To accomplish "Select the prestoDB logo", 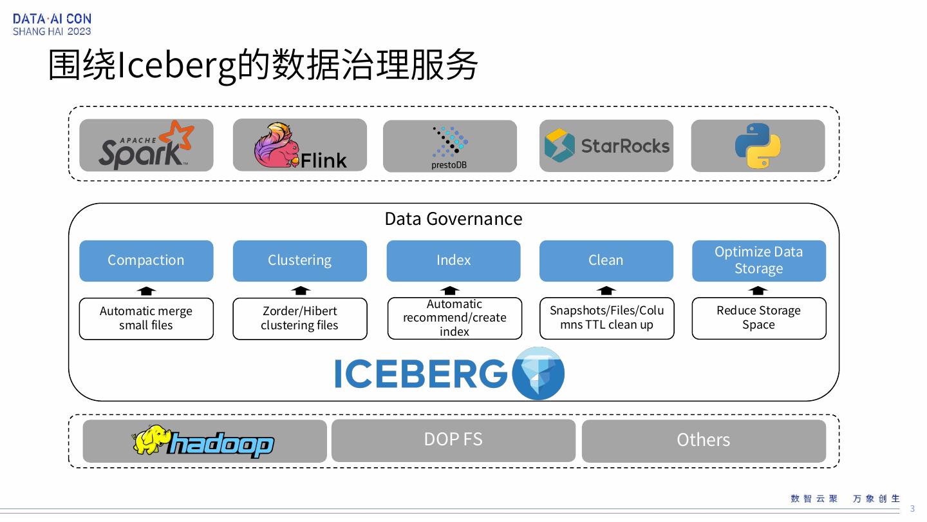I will (x=450, y=146).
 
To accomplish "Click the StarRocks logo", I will (x=606, y=146).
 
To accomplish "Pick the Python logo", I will (x=758, y=146).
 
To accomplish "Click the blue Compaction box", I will (x=146, y=260).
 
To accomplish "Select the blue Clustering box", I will (x=300, y=260).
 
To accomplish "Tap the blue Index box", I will (x=454, y=260).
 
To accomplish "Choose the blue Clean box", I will (x=606, y=260).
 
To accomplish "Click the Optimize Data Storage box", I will (x=759, y=260).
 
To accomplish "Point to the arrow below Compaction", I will (x=147, y=290).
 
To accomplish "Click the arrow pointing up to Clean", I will (x=606, y=290).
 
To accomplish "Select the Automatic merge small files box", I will (x=146, y=318).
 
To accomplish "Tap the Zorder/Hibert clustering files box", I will (x=300, y=318).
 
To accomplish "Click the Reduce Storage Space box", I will (x=759, y=318).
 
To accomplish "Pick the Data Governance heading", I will (x=453, y=219).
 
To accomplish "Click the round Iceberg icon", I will (x=538, y=374).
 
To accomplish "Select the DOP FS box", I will (x=453, y=440).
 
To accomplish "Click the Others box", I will (x=704, y=441).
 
